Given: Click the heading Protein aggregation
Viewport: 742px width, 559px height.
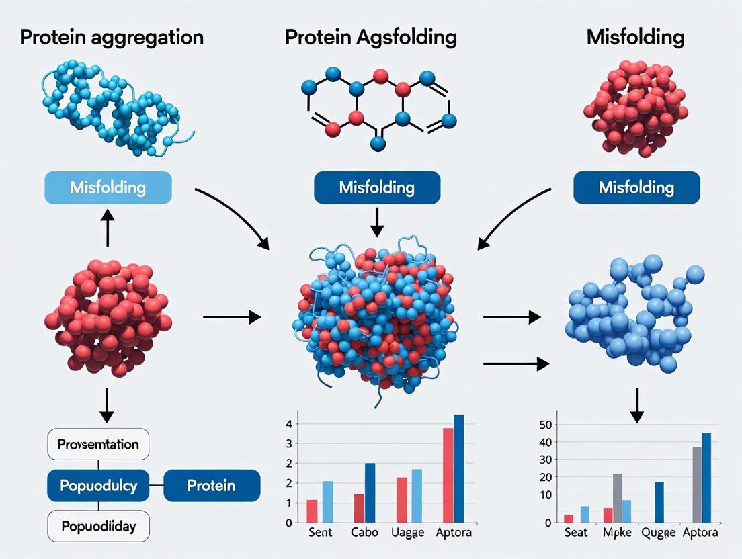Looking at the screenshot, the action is click(112, 37).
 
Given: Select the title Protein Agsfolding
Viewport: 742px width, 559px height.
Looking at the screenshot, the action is click(370, 37).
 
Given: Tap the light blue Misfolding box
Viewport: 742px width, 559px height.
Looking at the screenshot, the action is click(108, 187).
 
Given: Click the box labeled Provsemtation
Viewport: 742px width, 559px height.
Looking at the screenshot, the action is click(98, 444).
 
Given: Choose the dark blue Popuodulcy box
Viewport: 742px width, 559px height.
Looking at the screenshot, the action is click(98, 485).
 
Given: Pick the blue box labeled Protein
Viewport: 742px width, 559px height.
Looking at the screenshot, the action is click(211, 485).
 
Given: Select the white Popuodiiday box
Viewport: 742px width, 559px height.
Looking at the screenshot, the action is click(98, 526).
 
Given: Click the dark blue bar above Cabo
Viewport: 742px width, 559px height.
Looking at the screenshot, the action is click(370, 492).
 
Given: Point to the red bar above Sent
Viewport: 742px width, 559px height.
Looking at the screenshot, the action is click(312, 511).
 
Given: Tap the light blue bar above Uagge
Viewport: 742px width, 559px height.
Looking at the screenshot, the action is click(417, 496).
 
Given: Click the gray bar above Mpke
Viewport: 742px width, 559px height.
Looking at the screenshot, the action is click(617, 498).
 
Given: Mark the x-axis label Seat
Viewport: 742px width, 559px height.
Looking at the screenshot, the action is click(577, 533).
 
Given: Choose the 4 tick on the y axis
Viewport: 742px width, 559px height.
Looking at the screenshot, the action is click(288, 424).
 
